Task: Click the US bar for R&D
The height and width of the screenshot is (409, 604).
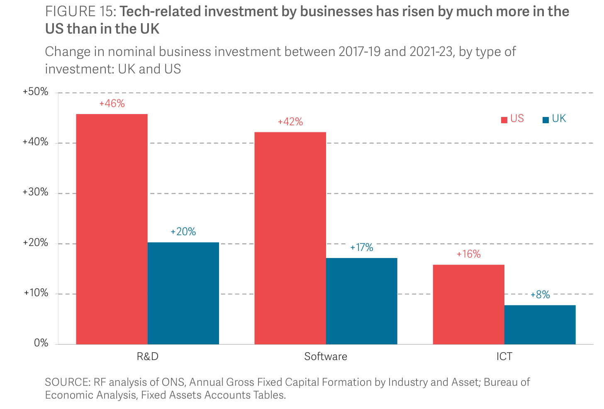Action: click(112, 229)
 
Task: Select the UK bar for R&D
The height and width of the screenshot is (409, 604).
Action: click(183, 293)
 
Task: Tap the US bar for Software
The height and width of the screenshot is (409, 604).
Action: click(290, 238)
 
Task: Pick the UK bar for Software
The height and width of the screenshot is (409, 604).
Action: click(361, 301)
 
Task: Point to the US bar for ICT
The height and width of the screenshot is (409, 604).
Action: click(468, 304)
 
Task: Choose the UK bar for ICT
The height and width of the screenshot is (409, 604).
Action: click(540, 325)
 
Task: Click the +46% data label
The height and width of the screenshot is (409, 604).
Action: click(112, 104)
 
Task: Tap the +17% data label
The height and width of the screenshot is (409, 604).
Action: click(362, 248)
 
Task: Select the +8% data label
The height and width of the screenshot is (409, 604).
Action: click(540, 295)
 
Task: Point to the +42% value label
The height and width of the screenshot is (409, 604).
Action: click(290, 122)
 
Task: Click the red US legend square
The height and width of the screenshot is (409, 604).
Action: click(504, 120)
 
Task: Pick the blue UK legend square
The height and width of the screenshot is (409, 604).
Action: click(546, 120)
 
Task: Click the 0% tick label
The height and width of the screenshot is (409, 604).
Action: click(41, 343)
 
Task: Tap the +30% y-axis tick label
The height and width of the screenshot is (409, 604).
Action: click(36, 192)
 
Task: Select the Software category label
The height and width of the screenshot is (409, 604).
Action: click(326, 357)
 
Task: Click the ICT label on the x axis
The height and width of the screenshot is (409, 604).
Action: click(504, 357)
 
